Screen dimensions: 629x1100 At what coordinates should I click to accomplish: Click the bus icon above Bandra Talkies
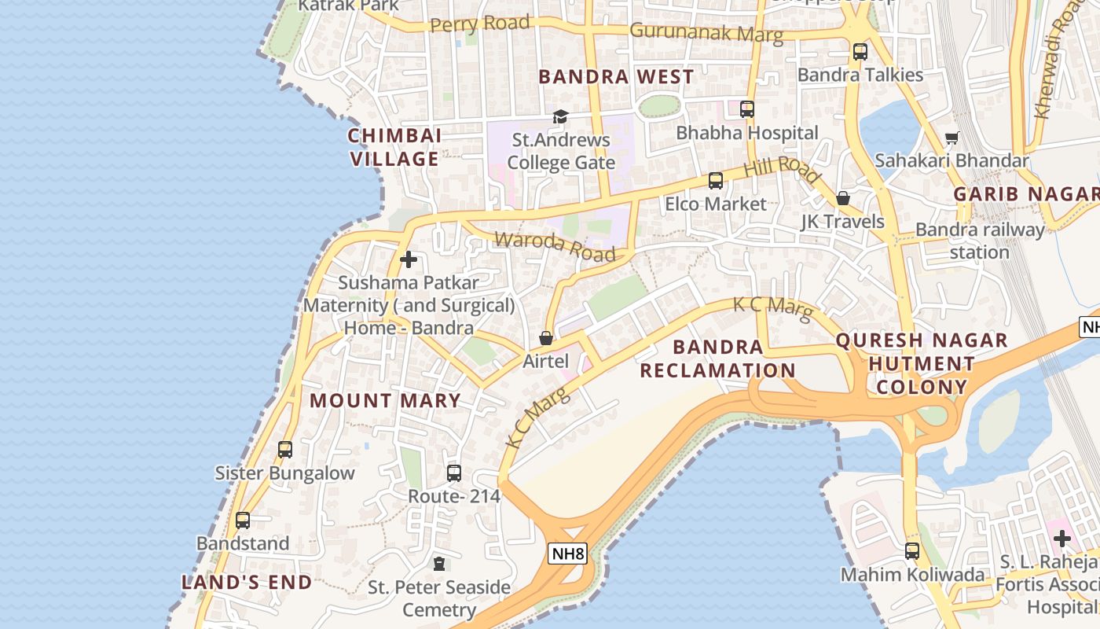pos(860,52)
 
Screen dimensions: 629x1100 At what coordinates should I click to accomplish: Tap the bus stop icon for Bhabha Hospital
pos(747,109)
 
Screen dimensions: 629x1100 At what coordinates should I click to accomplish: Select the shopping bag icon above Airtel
pos(546,338)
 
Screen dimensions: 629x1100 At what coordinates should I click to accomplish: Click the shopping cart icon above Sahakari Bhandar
pos(951,138)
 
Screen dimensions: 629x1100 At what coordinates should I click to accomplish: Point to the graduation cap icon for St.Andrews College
pos(560,117)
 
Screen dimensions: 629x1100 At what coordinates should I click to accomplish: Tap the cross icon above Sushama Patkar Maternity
pos(409,259)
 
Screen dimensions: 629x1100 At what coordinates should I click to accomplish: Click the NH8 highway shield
pos(567,554)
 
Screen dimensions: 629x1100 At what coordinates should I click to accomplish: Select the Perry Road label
pos(480,24)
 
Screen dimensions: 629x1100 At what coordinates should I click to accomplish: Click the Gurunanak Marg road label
pos(706,33)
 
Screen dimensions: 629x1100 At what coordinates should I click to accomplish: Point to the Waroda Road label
pos(555,247)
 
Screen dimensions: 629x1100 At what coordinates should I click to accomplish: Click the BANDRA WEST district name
pos(617,77)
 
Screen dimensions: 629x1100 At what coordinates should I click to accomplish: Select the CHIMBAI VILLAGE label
pos(394,147)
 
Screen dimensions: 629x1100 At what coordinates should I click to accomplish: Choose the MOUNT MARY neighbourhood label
pos(385,400)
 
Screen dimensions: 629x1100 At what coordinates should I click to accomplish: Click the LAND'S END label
pos(247,583)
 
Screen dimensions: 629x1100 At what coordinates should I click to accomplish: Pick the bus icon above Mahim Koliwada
pos(912,551)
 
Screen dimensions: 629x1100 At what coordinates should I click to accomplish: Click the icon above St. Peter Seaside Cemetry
pos(439,564)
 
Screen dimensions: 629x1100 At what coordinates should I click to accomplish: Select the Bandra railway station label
pos(980,241)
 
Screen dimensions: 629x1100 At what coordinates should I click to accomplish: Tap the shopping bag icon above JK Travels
pos(843,198)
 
